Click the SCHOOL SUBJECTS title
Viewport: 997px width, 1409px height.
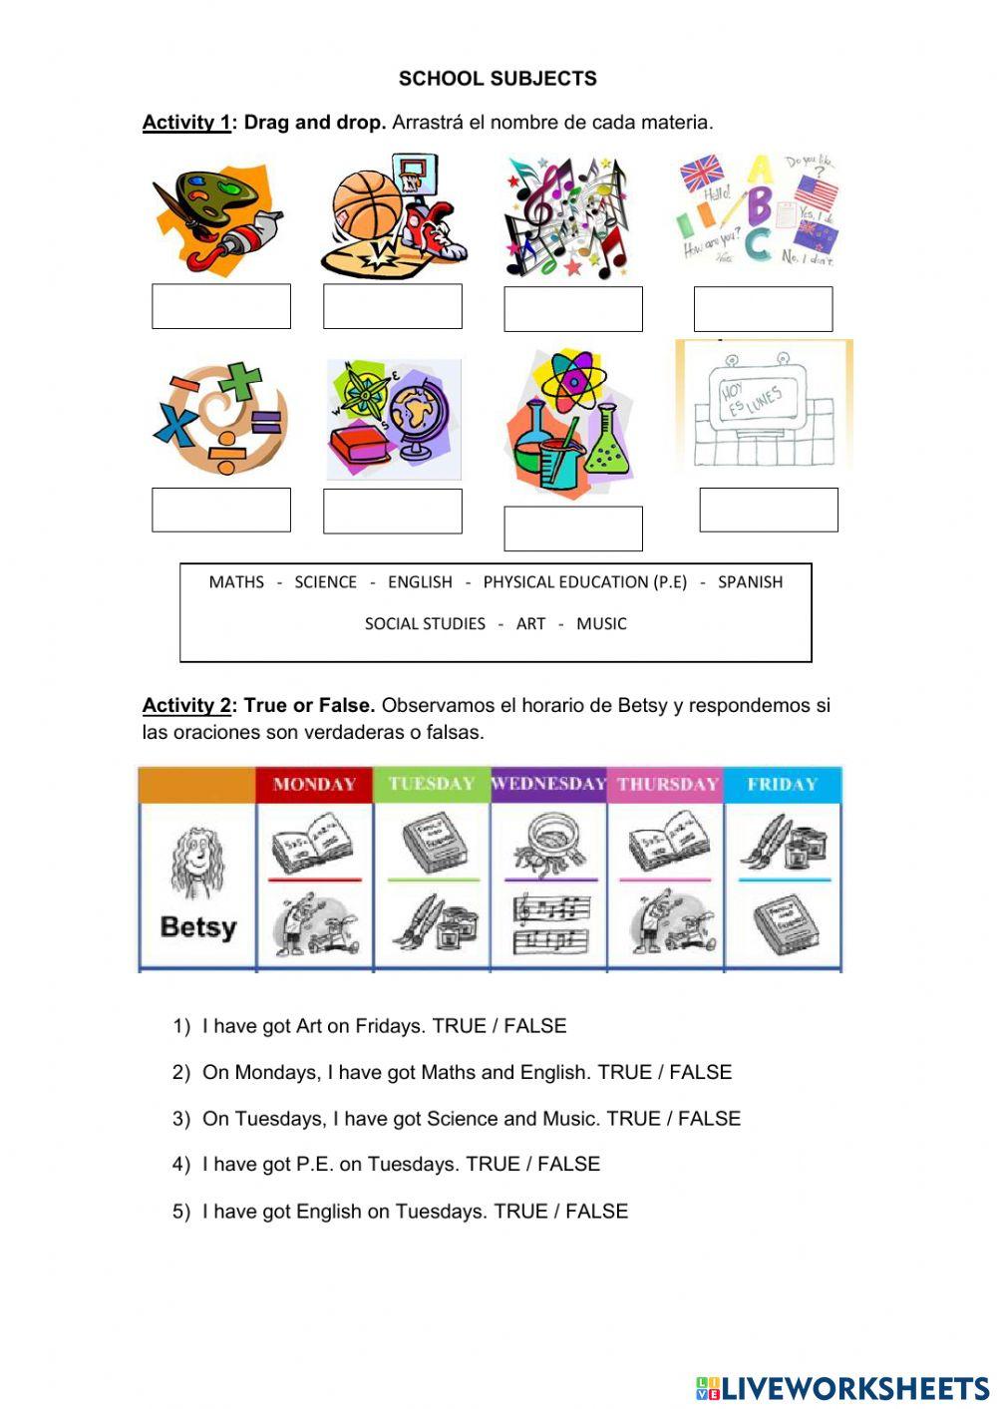pos(498,79)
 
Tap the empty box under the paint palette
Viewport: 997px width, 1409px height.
pos(220,306)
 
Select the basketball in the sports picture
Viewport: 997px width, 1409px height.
pos(366,203)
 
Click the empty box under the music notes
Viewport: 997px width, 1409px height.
pos(572,309)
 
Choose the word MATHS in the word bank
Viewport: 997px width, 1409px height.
pos(236,582)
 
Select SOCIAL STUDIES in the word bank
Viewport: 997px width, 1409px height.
pos(425,624)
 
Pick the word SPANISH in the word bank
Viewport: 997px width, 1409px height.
pos(750,582)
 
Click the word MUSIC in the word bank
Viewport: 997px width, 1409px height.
pos(601,624)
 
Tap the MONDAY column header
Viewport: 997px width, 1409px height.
pos(314,785)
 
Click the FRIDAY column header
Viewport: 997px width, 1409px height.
pos(782,785)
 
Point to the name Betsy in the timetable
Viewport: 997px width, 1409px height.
pos(198,927)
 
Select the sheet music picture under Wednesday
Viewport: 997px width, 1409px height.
pos(549,924)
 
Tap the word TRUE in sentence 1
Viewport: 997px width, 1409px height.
pos(459,1026)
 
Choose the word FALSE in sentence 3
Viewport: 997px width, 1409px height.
pos(709,1119)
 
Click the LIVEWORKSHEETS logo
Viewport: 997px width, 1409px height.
pos(842,1387)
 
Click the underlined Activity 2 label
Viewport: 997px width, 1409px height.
pos(186,706)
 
